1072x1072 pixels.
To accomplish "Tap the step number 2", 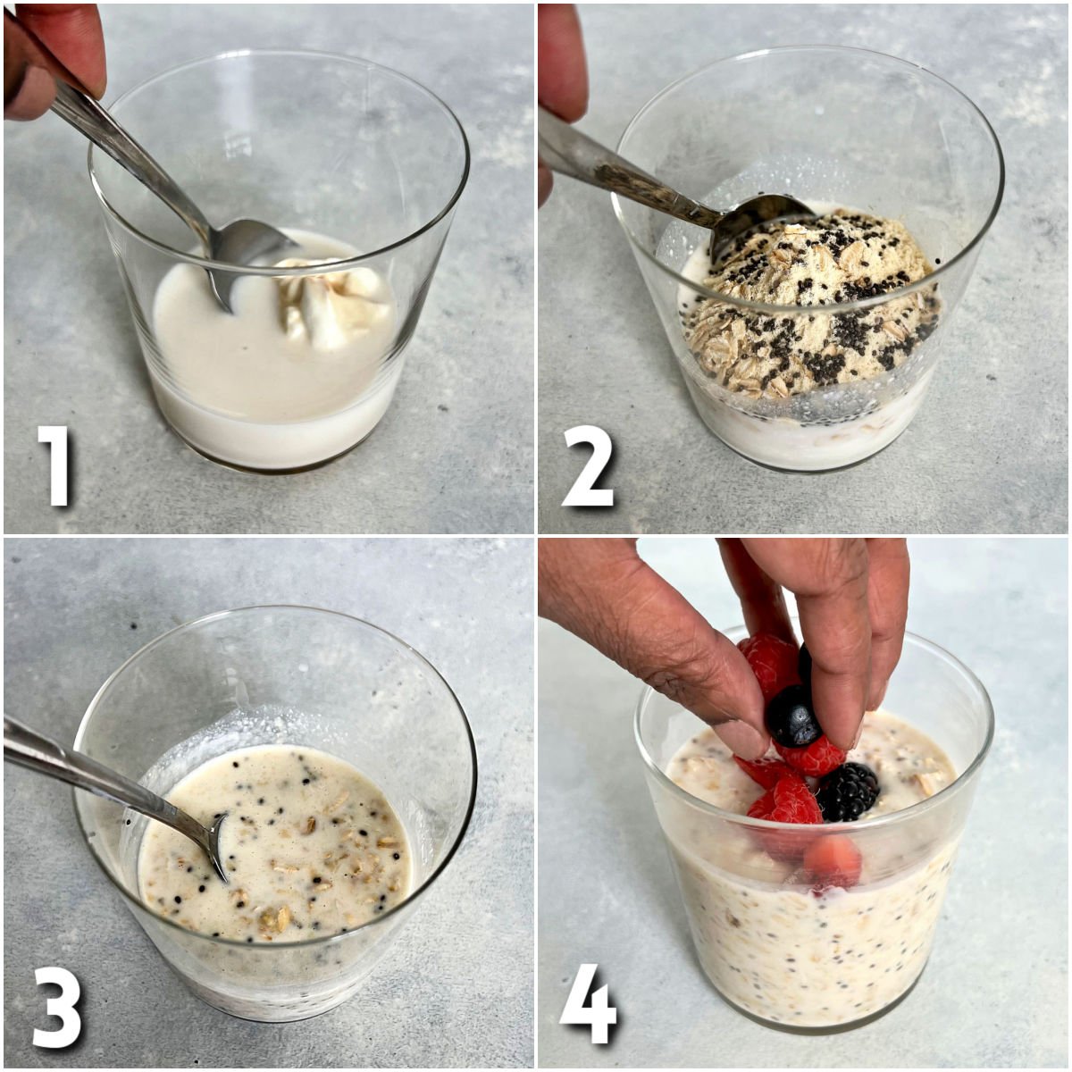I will click(589, 465).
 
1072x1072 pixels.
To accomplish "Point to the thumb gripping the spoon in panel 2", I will click(561, 63).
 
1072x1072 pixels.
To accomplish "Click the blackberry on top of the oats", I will click(849, 791).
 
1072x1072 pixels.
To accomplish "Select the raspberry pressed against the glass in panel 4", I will click(833, 862).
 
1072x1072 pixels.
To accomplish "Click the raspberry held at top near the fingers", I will click(768, 661).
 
